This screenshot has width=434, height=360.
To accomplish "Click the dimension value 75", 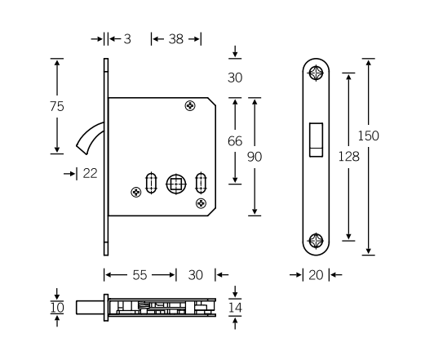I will tap(57, 106).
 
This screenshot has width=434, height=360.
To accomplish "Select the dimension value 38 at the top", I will tap(175, 38).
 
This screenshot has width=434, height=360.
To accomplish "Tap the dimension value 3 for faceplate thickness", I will tap(126, 38).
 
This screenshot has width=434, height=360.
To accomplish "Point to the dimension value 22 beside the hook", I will tap(90, 172).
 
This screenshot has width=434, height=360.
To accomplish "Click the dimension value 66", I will tap(235, 140).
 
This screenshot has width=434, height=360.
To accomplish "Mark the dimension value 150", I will tap(369, 136).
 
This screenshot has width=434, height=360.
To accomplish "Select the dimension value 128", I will tap(348, 155).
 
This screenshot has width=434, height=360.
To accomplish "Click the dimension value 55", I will tap(140, 276).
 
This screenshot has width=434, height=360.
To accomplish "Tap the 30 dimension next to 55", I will tap(195, 276).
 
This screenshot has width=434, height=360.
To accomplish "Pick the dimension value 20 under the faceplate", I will tap(315, 276).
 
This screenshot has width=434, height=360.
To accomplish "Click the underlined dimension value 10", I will tap(57, 307).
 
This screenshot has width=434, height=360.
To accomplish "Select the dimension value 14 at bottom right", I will tap(235, 307).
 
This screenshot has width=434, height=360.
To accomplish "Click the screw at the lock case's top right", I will tap(190, 105).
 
